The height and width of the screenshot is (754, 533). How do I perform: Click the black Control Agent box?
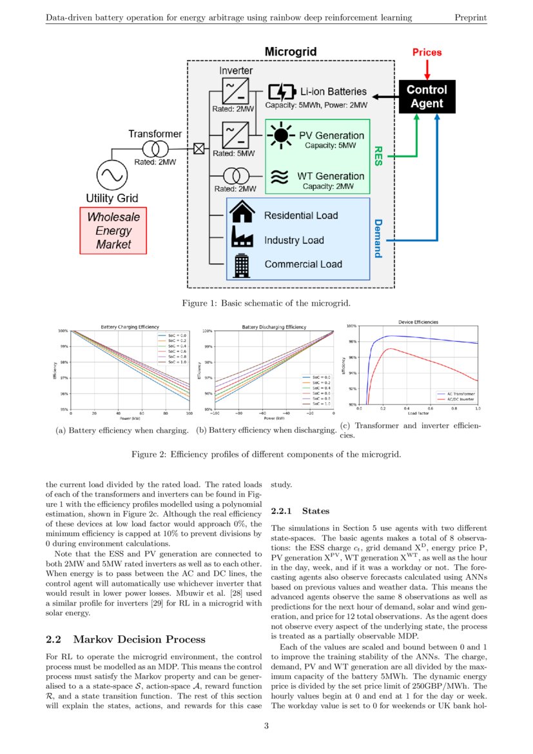click(427, 96)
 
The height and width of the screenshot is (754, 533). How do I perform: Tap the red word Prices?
click(427, 52)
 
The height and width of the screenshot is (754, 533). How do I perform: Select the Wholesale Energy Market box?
click(113, 230)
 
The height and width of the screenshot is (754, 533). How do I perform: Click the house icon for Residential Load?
click(242, 214)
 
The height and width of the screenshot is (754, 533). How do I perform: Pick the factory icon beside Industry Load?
click(242, 239)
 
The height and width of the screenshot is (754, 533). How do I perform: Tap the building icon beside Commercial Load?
click(242, 264)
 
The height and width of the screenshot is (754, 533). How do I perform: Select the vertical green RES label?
click(379, 155)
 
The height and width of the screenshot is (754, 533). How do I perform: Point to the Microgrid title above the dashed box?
click(291, 52)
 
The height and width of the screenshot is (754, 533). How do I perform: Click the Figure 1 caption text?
click(266, 303)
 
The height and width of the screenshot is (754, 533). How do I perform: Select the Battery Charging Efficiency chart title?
click(126, 327)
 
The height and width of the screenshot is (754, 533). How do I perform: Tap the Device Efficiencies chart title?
click(418, 321)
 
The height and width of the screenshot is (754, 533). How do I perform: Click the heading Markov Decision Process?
click(139, 639)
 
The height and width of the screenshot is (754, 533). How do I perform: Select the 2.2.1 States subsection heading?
click(300, 511)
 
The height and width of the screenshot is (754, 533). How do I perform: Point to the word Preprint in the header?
click(470, 17)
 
